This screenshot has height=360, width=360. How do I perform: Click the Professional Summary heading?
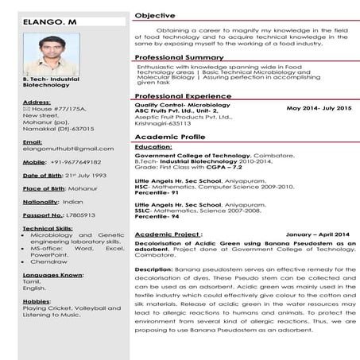pyautogui.click(x=179, y=58)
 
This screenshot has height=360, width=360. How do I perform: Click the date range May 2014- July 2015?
pyautogui.click(x=318, y=106)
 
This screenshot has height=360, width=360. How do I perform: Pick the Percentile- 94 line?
pyautogui.click(x=158, y=217)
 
